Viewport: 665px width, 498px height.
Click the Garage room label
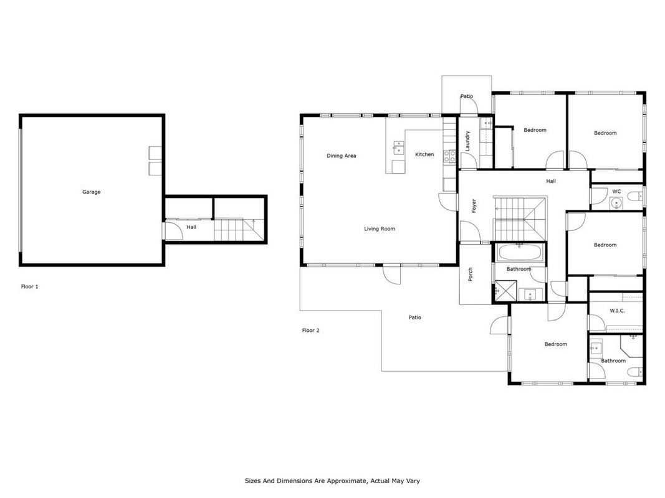[x=91, y=192]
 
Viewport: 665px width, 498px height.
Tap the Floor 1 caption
[x=30, y=287]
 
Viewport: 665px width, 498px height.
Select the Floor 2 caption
[x=311, y=331]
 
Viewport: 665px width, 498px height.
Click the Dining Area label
[x=342, y=156]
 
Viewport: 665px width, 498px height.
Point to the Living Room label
[x=380, y=229]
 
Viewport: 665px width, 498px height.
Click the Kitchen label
[x=424, y=154]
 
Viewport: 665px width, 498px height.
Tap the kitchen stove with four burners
[x=449, y=156]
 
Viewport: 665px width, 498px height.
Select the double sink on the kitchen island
[x=399, y=148]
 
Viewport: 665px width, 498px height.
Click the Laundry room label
[x=467, y=141]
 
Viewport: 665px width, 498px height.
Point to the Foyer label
[x=474, y=206]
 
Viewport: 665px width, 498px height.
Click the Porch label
[x=471, y=275]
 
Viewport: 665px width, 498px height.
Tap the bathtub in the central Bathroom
[x=520, y=253]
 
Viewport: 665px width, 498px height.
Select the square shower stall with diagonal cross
[x=505, y=291]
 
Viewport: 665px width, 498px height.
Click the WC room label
[x=616, y=191]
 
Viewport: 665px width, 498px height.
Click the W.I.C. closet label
[x=617, y=311]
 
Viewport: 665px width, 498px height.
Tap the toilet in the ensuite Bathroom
[x=635, y=372]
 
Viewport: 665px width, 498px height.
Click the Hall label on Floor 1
[x=191, y=227]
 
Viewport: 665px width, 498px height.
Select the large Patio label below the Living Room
[x=415, y=317]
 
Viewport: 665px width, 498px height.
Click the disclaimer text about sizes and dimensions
[x=332, y=481]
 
